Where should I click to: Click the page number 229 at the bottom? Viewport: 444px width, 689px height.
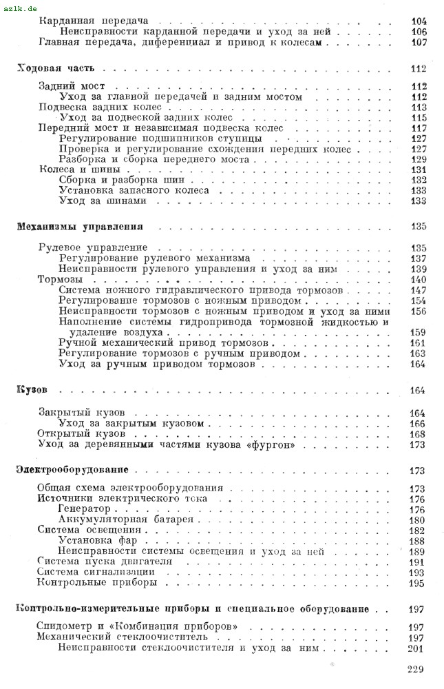(416, 668)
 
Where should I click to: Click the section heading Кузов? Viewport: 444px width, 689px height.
(30, 391)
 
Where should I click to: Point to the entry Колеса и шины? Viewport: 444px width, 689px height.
(70, 169)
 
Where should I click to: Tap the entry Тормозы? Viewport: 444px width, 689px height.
(59, 280)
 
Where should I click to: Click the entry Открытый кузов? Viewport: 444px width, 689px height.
(81, 435)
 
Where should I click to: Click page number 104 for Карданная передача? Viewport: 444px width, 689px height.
(418, 21)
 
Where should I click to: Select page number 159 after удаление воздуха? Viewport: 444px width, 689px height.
(418, 332)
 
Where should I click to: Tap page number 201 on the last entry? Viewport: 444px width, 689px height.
(416, 648)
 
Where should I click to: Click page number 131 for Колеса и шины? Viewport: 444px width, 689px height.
(418, 169)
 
